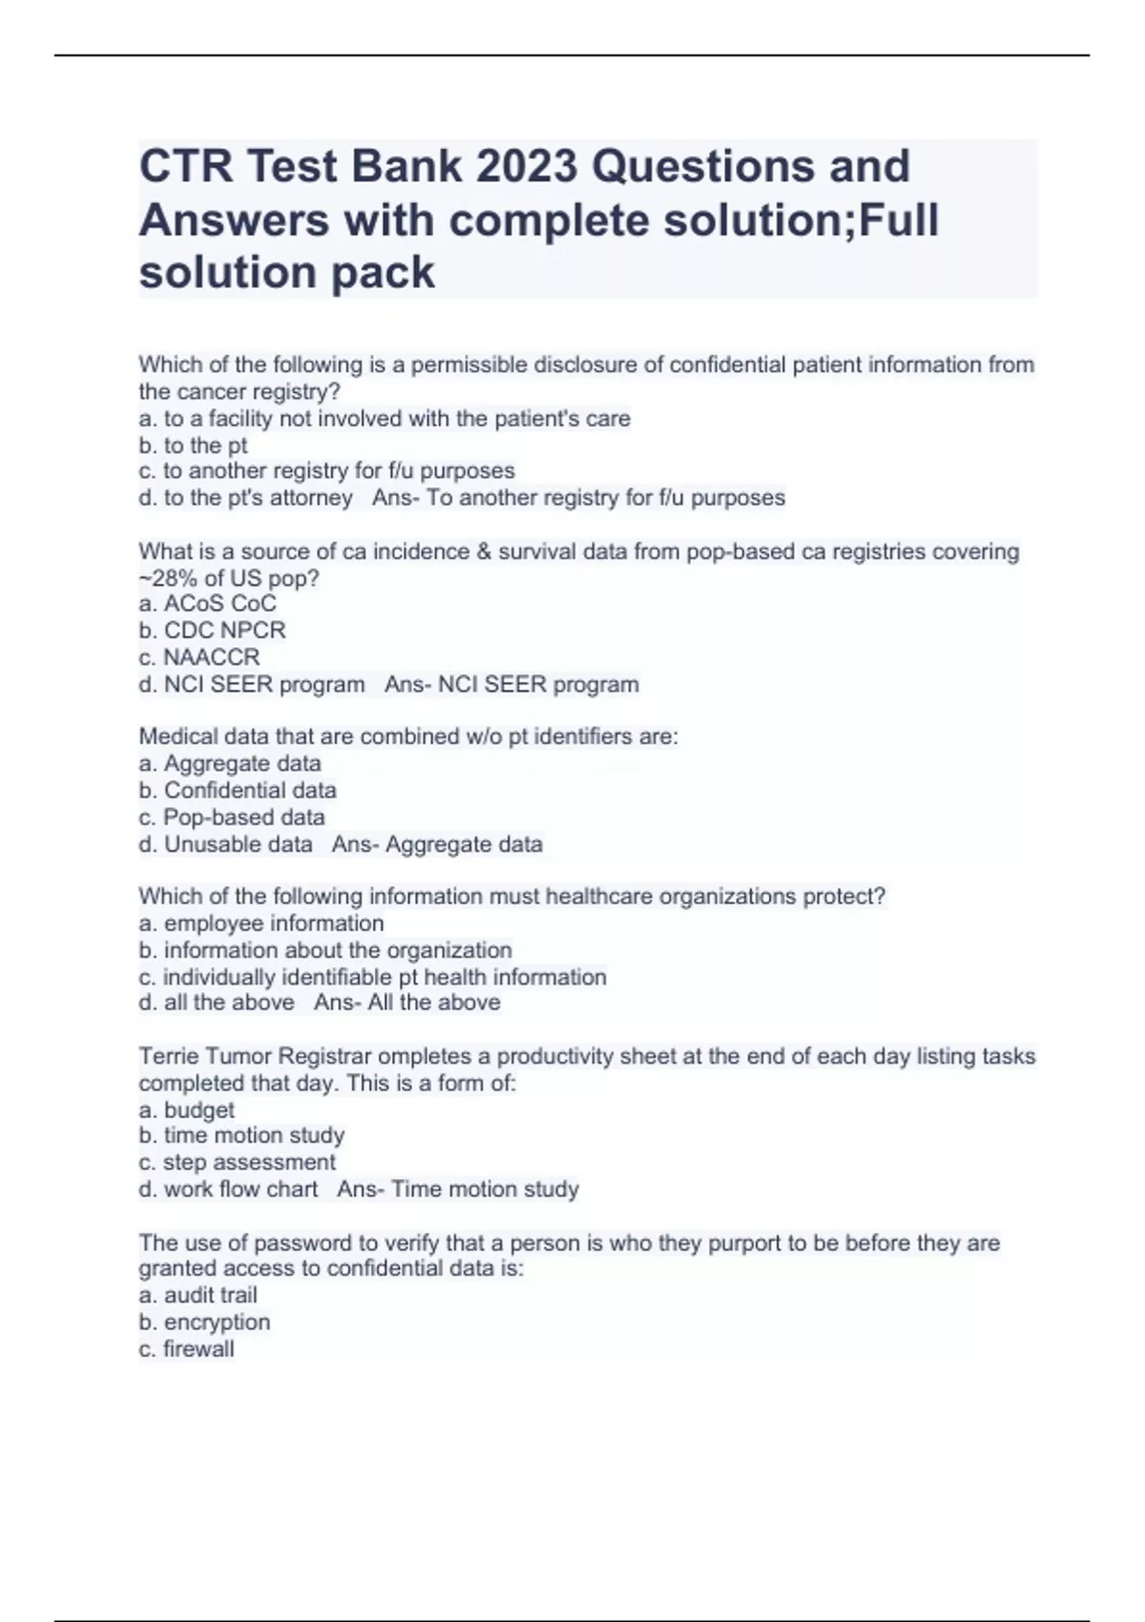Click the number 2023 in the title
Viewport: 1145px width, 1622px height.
[527, 166]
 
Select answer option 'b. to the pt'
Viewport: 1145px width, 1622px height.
[193, 446]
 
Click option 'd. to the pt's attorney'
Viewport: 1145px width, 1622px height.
[245, 498]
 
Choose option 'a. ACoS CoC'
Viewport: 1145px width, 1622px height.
[207, 604]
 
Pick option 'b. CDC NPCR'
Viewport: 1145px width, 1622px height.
[212, 631]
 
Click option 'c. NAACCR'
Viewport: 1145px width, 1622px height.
[198, 657]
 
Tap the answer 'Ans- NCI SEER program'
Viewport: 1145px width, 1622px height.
[511, 684]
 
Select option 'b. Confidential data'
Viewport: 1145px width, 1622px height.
[238, 790]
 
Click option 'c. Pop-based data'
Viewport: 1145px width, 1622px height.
[232, 818]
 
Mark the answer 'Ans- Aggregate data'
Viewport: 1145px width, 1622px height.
[437, 844]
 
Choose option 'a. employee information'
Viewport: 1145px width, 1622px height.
[261, 924]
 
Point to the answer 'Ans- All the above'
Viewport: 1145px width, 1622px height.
[407, 1003]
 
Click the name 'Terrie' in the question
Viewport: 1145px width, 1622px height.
[169, 1056]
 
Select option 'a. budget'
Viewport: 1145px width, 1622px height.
[186, 1110]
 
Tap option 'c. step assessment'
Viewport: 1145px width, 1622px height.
[237, 1162]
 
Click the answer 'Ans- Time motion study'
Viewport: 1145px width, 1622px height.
[458, 1189]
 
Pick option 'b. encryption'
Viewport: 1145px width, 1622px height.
[204, 1322]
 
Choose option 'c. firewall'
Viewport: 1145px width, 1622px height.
[186, 1349]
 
